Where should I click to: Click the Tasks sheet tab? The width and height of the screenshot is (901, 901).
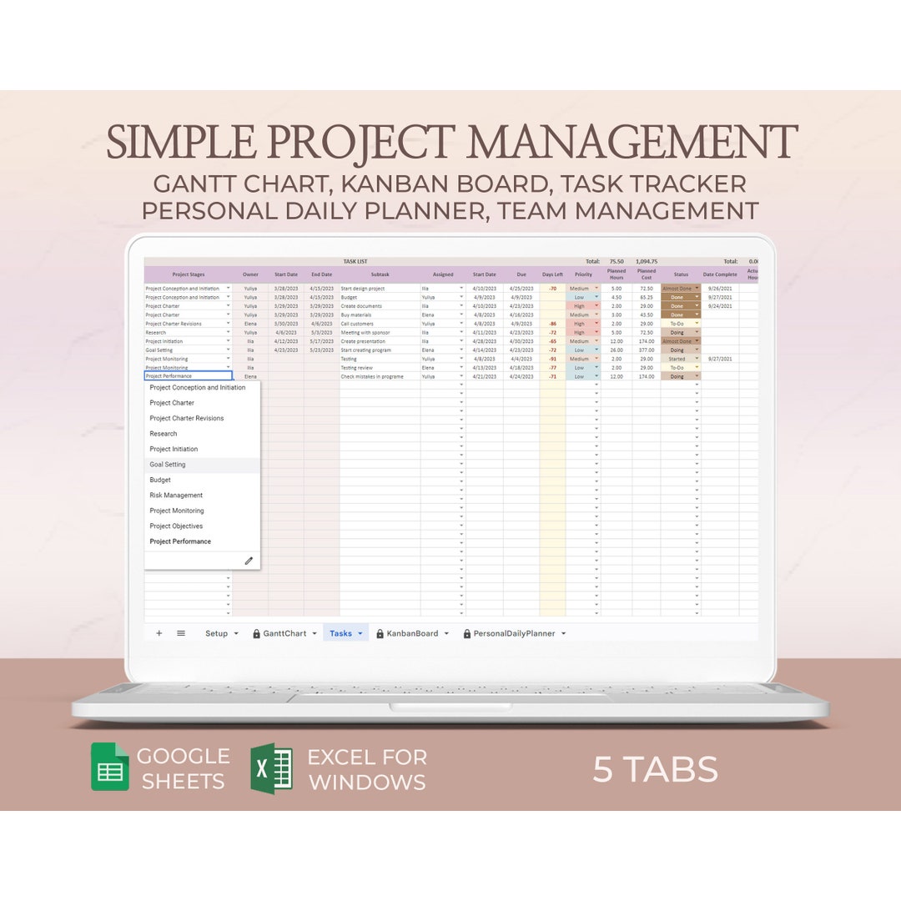click(340, 633)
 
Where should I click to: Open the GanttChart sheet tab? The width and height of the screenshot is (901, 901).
click(284, 633)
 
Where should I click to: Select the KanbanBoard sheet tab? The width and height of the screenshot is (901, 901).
click(411, 633)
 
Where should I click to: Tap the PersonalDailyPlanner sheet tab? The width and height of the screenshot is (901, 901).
click(514, 633)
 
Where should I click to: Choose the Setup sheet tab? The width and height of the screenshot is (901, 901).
click(216, 633)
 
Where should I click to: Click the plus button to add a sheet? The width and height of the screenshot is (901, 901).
click(159, 633)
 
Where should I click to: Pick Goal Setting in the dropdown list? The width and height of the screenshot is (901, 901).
click(168, 465)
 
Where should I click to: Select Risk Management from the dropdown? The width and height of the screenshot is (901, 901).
click(176, 496)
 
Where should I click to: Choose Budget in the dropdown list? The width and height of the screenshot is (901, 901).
click(160, 480)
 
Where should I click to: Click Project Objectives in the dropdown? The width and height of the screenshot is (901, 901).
click(176, 526)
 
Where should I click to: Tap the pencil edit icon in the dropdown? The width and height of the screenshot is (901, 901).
click(249, 561)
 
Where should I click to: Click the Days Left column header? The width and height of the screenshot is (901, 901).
click(552, 274)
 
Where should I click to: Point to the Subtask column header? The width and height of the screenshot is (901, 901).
click(380, 274)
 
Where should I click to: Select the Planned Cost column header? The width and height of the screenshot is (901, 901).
click(646, 274)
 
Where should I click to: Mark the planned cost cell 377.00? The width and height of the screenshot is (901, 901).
click(646, 350)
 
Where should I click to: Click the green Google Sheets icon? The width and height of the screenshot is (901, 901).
click(110, 768)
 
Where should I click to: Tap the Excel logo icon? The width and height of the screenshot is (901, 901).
click(272, 768)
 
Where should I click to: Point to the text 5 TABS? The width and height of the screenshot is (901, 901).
click(655, 769)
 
